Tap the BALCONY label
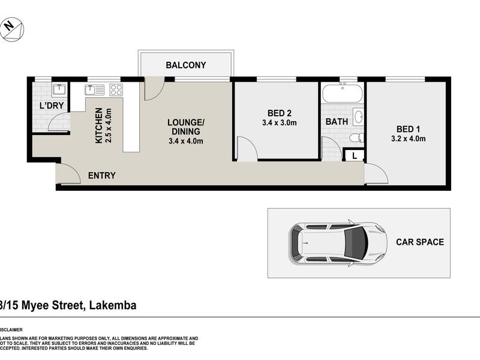(x=186, y=65)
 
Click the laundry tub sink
(x=59, y=91)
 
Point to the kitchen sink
(x=93, y=90)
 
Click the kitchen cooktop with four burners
(x=116, y=90)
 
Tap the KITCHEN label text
(x=98, y=126)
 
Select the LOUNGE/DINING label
(x=185, y=127)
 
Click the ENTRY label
(x=101, y=176)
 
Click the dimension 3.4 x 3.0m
(x=280, y=123)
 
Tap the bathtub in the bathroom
(x=342, y=94)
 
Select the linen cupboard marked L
(x=355, y=155)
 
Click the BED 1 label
(x=409, y=128)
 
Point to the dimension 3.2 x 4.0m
(x=409, y=139)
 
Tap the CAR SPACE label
(x=419, y=242)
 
